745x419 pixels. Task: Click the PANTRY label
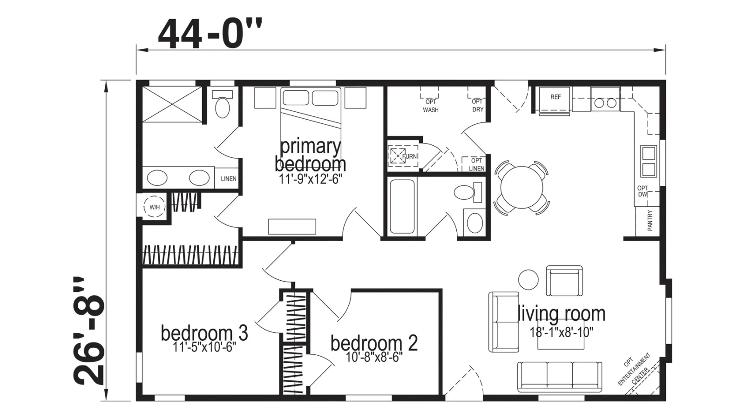[x=650, y=221]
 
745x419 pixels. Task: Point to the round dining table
[x=521, y=187]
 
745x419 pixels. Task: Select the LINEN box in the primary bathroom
[x=229, y=179]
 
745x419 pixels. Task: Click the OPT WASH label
[x=430, y=106]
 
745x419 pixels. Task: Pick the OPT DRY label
[x=477, y=105]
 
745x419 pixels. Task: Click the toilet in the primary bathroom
[x=223, y=104]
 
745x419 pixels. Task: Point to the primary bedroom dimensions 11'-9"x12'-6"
[x=310, y=180]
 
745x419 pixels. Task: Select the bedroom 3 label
[x=204, y=333]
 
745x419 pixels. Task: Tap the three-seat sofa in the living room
[x=559, y=377]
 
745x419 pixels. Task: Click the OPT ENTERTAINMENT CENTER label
[x=635, y=370]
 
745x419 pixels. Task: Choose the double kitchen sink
[x=649, y=162]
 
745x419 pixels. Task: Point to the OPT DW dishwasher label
[x=642, y=191]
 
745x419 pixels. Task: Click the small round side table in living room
[x=528, y=279]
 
